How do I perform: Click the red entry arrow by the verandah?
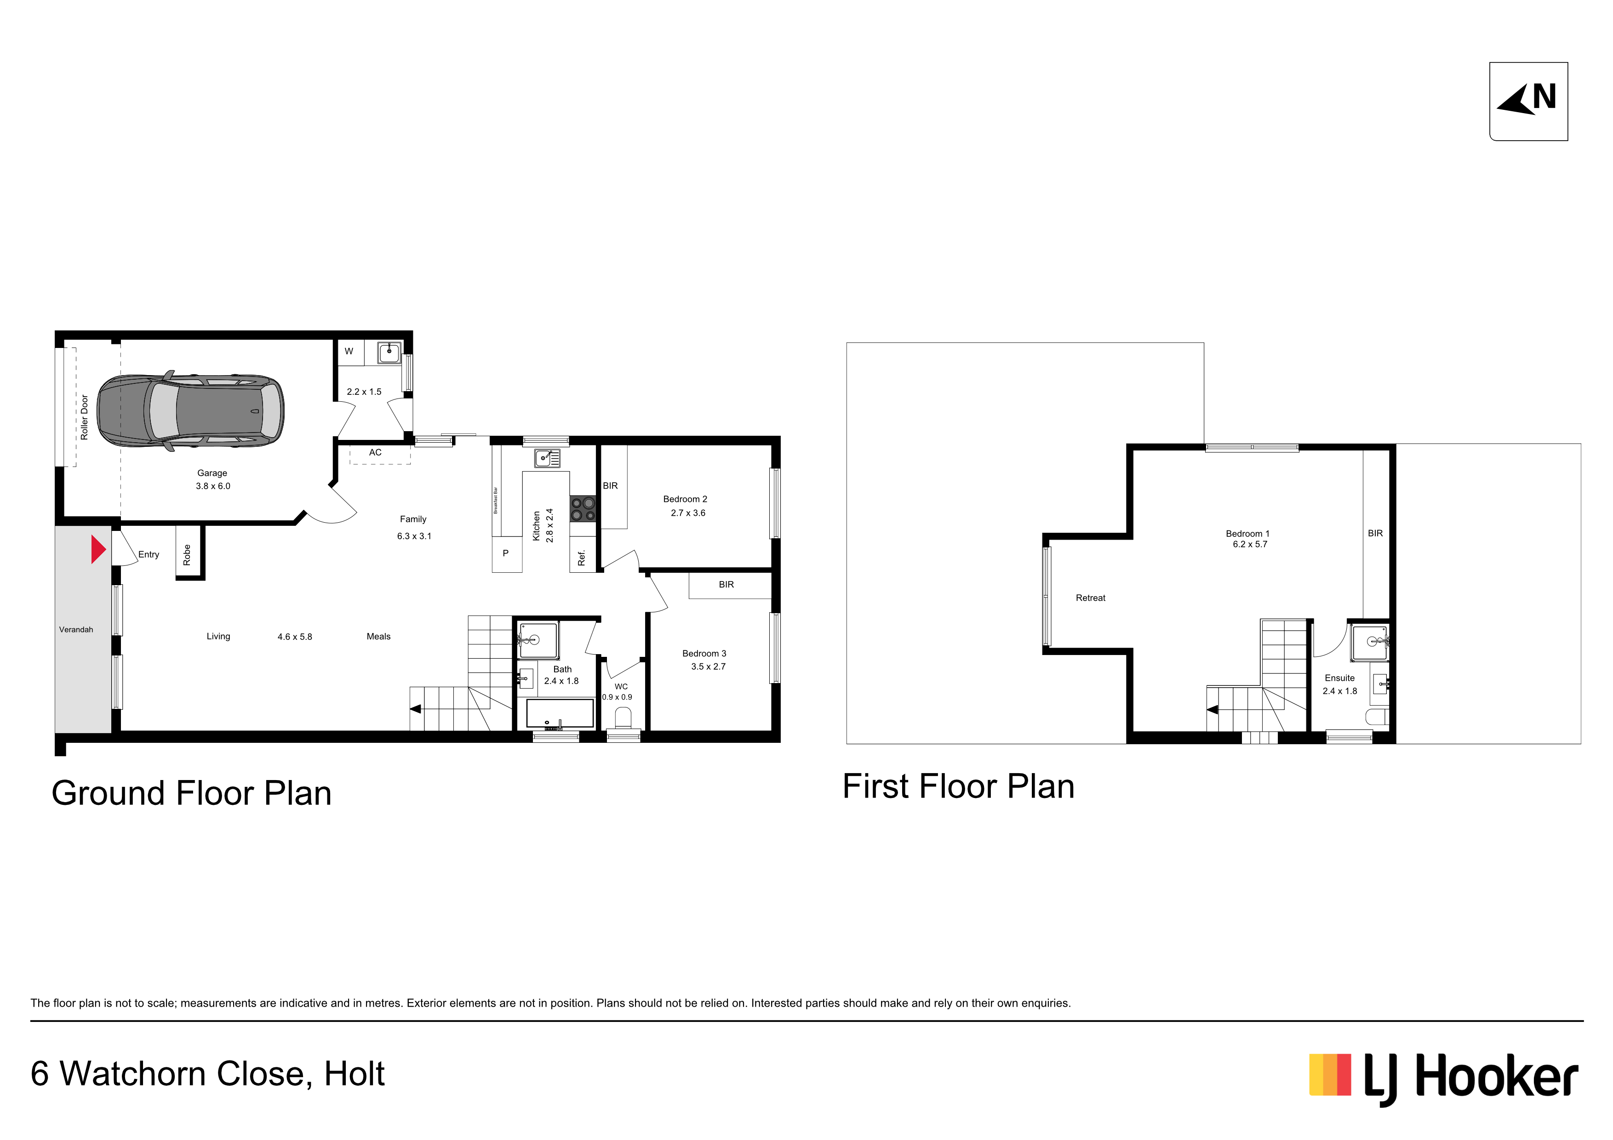click(97, 549)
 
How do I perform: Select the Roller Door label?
click(84, 417)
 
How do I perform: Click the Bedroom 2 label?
click(685, 499)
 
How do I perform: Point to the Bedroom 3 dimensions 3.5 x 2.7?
click(708, 667)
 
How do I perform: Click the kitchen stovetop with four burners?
click(583, 509)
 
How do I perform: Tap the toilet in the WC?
click(623, 718)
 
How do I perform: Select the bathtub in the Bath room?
click(560, 713)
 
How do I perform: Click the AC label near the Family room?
click(375, 452)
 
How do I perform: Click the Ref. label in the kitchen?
click(581, 559)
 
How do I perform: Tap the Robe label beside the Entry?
click(187, 555)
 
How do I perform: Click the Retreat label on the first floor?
click(1090, 598)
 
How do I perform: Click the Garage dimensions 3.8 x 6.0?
click(213, 486)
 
